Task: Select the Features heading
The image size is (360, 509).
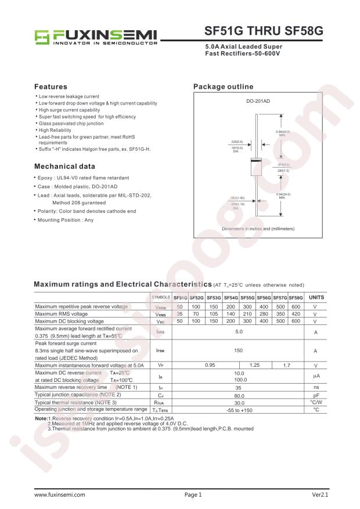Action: point(51,86)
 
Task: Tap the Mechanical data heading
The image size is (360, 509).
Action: point(64,166)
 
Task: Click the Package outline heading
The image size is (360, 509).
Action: point(223,86)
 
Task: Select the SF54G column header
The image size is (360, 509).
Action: point(230,297)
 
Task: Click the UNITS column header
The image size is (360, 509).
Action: point(316,297)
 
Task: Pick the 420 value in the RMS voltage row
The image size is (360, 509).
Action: point(296,313)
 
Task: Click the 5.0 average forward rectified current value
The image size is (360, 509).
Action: point(238,332)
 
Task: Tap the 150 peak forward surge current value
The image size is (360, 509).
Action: point(238,351)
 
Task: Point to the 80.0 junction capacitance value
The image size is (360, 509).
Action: point(238,395)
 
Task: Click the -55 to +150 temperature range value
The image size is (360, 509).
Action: point(238,410)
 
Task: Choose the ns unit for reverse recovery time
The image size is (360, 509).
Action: point(316,387)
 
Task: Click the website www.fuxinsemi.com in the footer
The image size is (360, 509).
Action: point(60,494)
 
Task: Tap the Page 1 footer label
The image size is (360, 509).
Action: point(193,494)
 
